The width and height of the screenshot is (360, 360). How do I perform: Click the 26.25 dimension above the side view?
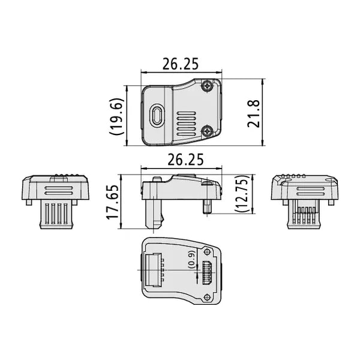pos(185,160)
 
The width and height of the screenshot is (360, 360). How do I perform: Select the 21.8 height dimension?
pos(253,113)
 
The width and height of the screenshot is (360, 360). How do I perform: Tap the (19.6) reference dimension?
pos(116,116)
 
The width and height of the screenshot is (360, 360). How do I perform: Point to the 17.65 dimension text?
pos(113,202)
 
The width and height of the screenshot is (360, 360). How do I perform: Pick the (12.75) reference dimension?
pos(242,194)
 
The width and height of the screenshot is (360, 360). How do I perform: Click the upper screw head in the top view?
pos(208,86)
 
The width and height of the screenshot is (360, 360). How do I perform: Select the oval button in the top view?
pos(157,115)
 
